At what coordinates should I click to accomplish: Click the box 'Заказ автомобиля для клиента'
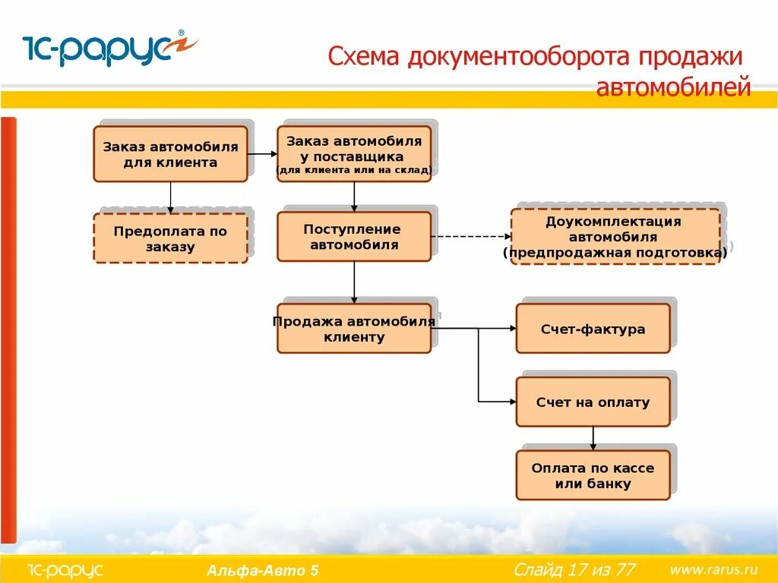pos(170,154)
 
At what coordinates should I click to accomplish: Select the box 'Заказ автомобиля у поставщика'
pos(354,154)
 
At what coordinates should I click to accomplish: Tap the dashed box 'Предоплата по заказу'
pos(170,238)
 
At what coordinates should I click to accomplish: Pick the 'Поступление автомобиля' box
pos(354,237)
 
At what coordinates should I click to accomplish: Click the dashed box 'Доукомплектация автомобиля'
pos(615,237)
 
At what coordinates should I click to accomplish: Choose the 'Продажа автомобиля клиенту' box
pos(354,329)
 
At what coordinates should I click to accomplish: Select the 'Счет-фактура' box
pos(593,329)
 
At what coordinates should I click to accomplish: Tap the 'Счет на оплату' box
pos(593,402)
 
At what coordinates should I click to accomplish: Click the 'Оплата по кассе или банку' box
pos(593,475)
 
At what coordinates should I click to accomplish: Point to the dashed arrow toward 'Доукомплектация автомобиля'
pos(471,237)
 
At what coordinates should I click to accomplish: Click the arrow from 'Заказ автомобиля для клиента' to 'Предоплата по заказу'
pos(170,197)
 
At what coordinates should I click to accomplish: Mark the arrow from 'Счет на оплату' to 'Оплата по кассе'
pos(593,438)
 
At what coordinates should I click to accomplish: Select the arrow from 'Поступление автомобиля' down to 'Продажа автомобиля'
pos(354,282)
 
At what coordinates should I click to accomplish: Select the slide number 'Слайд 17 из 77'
pos(574,569)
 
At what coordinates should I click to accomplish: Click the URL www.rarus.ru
pos(713,569)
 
